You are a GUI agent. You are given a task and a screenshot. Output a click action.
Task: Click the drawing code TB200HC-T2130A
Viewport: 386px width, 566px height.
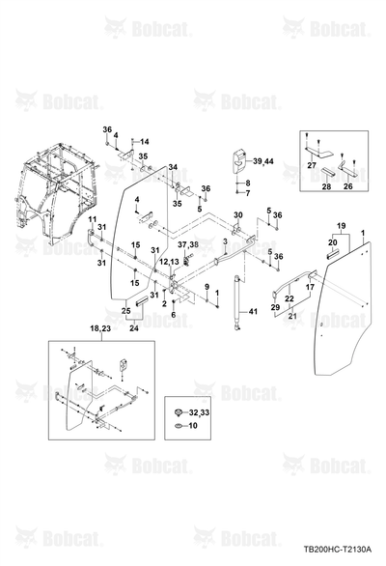(x=338, y=550)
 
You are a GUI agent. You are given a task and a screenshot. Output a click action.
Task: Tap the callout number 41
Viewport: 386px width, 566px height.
(x=253, y=311)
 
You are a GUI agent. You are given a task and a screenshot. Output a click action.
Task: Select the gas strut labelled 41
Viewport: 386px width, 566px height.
(x=237, y=302)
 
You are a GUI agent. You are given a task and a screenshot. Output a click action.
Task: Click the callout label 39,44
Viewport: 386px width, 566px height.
(x=263, y=161)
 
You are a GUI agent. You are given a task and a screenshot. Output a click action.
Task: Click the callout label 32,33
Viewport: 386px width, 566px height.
(x=199, y=412)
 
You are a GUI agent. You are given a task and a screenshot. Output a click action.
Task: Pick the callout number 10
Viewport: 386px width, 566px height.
(x=193, y=426)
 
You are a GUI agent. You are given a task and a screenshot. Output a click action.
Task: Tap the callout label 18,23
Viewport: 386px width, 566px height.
(x=100, y=328)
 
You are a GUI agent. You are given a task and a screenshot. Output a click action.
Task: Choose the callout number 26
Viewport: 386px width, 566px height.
(x=348, y=186)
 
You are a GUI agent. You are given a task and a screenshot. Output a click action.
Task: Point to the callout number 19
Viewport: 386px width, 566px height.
(x=341, y=226)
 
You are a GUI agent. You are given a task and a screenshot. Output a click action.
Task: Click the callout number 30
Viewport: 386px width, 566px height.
(x=238, y=215)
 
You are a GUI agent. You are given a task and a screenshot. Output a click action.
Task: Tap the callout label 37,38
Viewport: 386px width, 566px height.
(x=188, y=244)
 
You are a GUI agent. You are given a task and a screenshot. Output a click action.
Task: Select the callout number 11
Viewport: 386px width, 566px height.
(x=93, y=218)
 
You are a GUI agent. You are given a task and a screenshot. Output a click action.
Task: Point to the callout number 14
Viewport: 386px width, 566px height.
(x=145, y=142)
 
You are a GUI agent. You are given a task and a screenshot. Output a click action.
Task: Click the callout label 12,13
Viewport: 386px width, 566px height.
(x=169, y=261)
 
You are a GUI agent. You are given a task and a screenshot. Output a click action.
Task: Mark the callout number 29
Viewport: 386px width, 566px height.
(x=275, y=307)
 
